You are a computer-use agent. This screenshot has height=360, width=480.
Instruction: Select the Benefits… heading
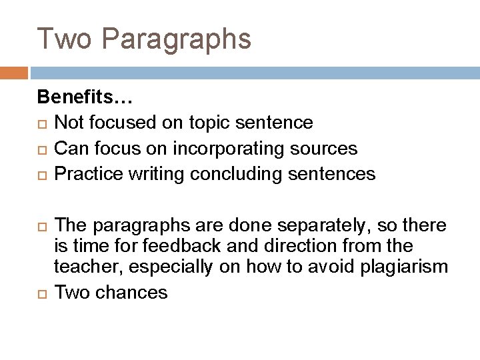(86, 98)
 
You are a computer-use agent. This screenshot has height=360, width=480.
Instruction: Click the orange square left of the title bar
(13, 73)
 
